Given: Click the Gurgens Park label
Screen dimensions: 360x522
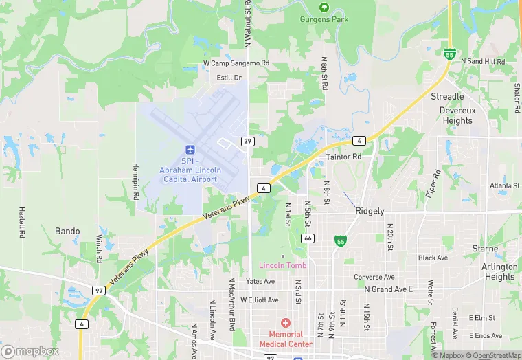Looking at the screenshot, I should (x=324, y=19).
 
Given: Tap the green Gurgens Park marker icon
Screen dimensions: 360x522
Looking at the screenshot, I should (x=324, y=8).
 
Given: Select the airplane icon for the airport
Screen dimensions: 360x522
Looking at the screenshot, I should (x=190, y=150).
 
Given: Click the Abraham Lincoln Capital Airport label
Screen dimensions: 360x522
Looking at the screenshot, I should (x=190, y=170).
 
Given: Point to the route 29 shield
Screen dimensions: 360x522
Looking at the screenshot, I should (x=247, y=141).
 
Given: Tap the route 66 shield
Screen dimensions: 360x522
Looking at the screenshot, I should (x=308, y=238).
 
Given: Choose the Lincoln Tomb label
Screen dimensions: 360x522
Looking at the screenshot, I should (x=282, y=265).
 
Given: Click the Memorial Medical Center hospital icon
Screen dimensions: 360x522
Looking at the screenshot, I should (x=285, y=323).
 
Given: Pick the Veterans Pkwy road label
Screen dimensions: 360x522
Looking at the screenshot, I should (x=227, y=208).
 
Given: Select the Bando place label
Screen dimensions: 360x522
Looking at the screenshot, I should (x=67, y=231).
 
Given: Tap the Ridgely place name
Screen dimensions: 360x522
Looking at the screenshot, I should (x=370, y=212).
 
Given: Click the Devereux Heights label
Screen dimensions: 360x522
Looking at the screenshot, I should (x=457, y=115).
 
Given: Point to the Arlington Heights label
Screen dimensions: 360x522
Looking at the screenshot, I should (x=499, y=271).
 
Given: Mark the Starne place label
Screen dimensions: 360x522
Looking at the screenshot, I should (x=485, y=248).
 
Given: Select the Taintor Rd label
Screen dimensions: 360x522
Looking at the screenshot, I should (x=343, y=157).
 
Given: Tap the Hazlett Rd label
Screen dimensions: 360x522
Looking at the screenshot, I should (x=22, y=223).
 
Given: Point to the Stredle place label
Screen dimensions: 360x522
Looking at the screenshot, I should (x=447, y=96).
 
